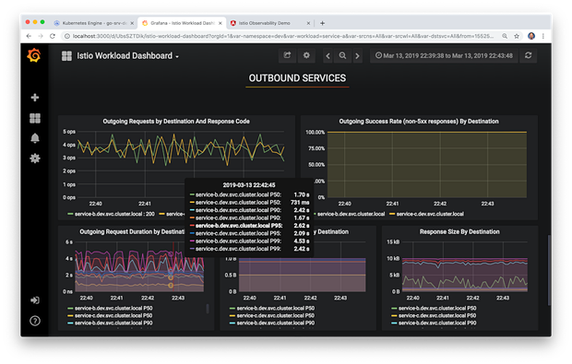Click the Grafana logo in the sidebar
tap(35, 56)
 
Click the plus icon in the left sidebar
tap(35, 98)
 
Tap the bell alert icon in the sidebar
tap(35, 138)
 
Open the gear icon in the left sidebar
tap(35, 159)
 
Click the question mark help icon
tap(35, 321)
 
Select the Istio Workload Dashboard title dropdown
tap(120, 56)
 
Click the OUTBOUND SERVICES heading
tap(297, 80)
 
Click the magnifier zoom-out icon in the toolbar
tap(341, 56)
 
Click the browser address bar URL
tap(277, 37)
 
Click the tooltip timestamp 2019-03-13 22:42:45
tap(248, 183)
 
